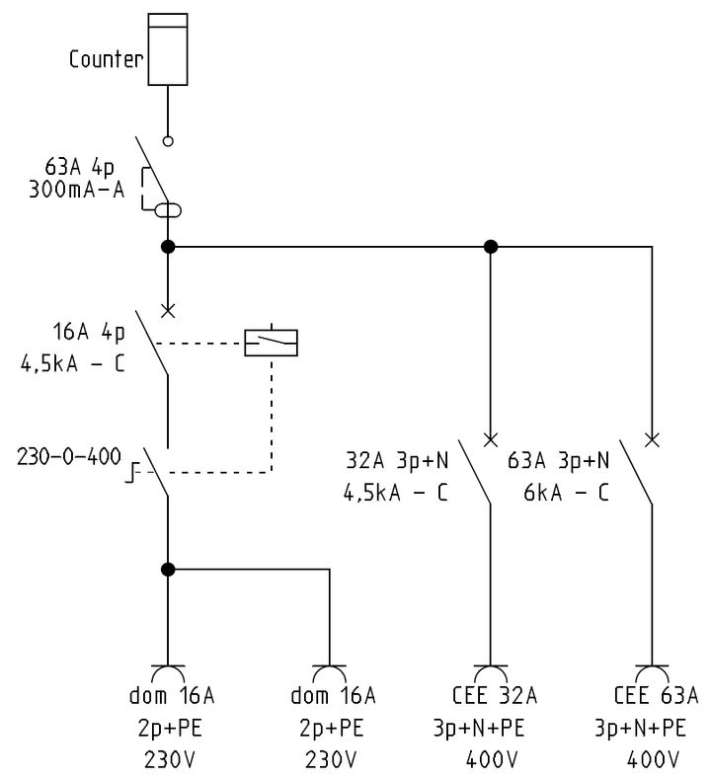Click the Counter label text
(106, 58)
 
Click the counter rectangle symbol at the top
(168, 49)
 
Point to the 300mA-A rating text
(77, 190)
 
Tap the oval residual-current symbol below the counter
(168, 209)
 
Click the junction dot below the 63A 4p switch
(168, 247)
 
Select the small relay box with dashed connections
(271, 342)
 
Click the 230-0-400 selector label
(69, 458)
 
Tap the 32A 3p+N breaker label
(398, 459)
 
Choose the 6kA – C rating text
(565, 491)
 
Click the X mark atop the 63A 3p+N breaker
(652, 438)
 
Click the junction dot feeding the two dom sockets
(168, 569)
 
